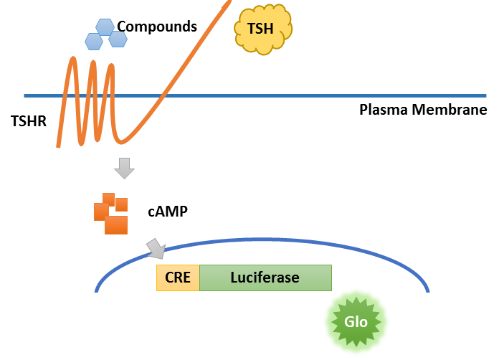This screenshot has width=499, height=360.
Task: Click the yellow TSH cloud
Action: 263,29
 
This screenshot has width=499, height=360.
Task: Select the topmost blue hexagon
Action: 106,27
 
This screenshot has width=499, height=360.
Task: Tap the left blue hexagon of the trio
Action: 94,41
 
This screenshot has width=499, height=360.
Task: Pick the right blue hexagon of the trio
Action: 118,39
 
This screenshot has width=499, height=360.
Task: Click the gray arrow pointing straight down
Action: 124,169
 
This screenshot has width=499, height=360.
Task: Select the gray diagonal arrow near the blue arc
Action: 156,249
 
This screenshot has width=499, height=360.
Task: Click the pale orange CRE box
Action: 178,278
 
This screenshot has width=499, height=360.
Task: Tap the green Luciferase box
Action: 265,278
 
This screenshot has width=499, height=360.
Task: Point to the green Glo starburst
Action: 356,321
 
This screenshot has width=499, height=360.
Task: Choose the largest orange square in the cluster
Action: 116,224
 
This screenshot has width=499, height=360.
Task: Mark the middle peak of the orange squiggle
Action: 94,63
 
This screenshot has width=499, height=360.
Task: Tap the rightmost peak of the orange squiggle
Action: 113,67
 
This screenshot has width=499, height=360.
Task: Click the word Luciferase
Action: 265,278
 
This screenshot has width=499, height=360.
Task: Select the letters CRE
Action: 178,278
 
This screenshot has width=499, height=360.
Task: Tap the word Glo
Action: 356,321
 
